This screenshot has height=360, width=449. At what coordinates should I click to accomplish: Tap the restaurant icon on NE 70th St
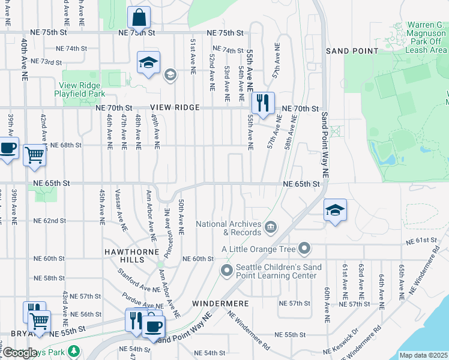coord(262,103)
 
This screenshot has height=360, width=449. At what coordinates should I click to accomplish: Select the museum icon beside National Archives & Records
coord(271,227)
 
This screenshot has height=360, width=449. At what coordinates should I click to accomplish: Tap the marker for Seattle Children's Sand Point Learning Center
coord(226,271)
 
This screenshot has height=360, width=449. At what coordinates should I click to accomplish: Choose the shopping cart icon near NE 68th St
coord(35,155)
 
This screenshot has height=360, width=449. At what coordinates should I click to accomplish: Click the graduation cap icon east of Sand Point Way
coord(335,210)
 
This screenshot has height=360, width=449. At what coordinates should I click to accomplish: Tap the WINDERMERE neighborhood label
coord(220,304)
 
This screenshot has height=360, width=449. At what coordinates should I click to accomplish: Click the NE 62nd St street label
coord(49,221)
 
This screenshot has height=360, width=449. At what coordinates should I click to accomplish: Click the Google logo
coord(20,353)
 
